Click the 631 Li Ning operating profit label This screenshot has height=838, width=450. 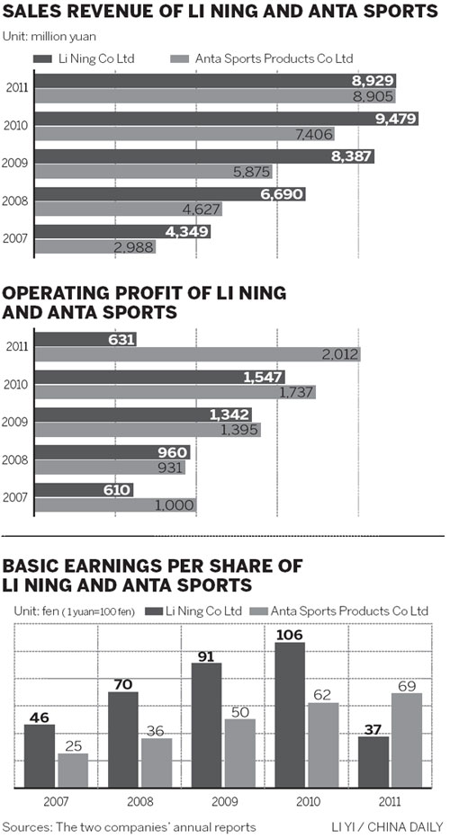[121, 340]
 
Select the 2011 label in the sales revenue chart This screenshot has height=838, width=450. [17, 88]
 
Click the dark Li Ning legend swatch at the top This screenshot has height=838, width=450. [43, 58]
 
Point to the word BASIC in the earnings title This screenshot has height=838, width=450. [31, 566]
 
